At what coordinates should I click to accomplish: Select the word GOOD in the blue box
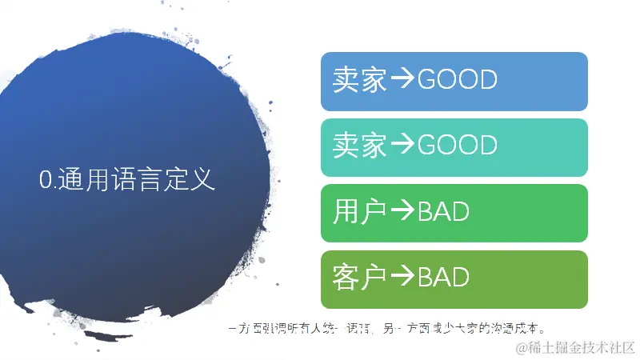[458, 80]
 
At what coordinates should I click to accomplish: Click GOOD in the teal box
[458, 146]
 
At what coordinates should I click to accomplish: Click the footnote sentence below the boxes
[387, 328]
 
